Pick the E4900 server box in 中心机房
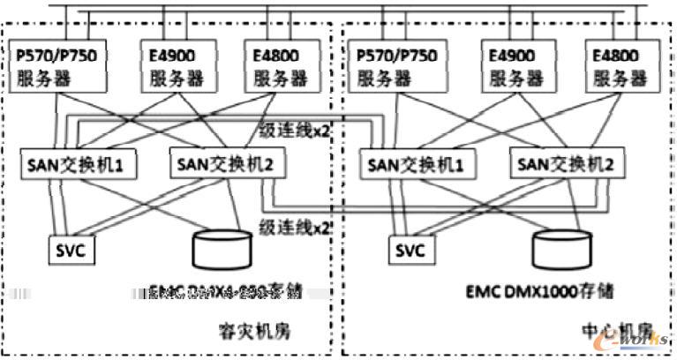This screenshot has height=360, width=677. [509, 65]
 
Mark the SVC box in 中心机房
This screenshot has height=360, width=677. [408, 250]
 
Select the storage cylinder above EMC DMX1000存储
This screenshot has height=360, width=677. [561, 249]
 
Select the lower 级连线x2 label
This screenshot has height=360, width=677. [285, 226]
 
